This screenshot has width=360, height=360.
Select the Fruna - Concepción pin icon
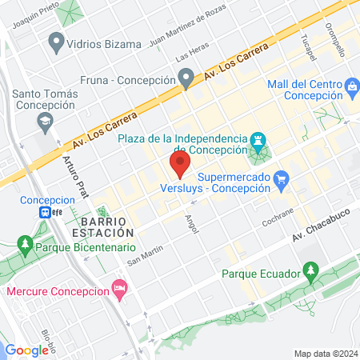click(x=186, y=78)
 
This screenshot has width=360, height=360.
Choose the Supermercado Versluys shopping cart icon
click(x=280, y=180)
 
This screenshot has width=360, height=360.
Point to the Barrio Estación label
click(x=107, y=225)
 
